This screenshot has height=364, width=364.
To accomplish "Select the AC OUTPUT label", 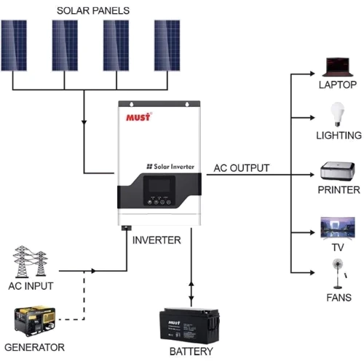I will click(x=241, y=168).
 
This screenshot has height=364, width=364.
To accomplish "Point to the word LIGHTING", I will click(x=339, y=136).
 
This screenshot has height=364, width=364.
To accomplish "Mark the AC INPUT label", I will click(x=30, y=286).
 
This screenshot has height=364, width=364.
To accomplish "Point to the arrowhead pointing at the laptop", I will click(x=315, y=74).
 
